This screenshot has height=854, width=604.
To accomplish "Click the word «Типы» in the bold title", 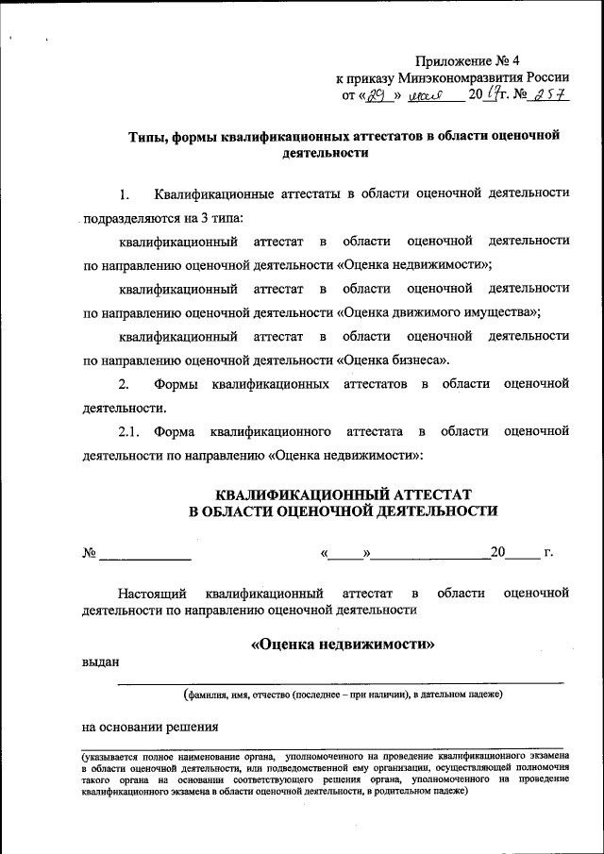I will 149,136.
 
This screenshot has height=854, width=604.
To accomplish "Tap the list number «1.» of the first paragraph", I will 124,194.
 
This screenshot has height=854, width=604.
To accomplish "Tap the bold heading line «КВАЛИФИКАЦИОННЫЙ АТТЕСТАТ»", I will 343,494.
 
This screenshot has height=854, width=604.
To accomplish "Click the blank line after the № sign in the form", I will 145,556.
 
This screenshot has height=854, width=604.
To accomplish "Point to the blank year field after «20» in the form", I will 524,556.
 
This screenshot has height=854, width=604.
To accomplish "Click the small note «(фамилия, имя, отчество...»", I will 343,695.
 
